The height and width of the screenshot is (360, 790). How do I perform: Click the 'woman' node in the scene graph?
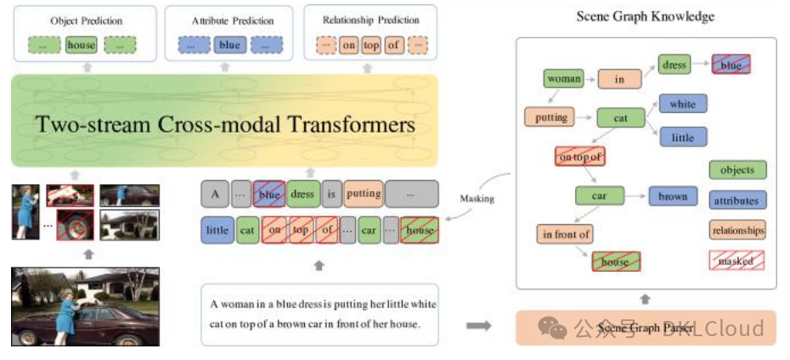click(x=564, y=79)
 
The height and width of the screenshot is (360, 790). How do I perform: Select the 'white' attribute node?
click(x=682, y=104)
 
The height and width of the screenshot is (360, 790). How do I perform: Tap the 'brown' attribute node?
click(x=672, y=196)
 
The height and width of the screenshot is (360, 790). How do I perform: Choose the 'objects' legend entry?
click(x=736, y=170)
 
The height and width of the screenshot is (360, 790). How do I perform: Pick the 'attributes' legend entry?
click(x=736, y=200)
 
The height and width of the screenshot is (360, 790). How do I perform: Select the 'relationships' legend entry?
click(x=736, y=230)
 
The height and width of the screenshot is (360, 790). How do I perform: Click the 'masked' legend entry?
click(x=736, y=261)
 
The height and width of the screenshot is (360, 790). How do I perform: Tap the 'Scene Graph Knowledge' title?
click(x=645, y=16)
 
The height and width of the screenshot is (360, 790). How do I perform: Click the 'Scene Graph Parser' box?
click(x=646, y=328)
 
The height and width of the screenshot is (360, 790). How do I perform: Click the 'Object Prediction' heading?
click(x=86, y=20)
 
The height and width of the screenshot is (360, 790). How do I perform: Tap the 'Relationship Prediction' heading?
click(x=371, y=20)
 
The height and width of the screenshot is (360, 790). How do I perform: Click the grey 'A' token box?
click(x=215, y=194)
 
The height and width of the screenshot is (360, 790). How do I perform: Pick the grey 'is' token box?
click(x=331, y=194)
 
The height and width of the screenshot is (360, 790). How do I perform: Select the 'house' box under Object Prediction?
click(x=82, y=45)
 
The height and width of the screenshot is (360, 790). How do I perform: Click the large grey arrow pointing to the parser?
click(x=479, y=326)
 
